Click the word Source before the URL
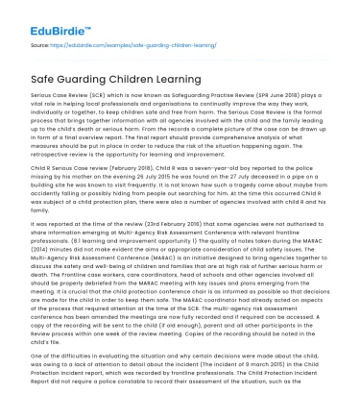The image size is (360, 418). click(x=39, y=43)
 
